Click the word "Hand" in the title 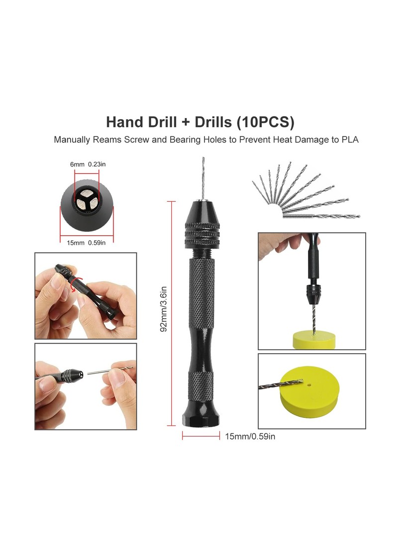tap(124, 122)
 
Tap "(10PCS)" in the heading tap(265, 123)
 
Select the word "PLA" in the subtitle tap(350, 139)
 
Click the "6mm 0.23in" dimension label tap(88, 164)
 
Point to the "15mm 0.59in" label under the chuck tap(86, 243)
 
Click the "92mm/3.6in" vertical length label tap(164, 309)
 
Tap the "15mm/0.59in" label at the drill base tap(250, 436)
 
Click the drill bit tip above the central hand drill tap(203, 158)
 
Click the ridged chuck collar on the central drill tap(202, 235)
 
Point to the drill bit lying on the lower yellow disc tap(281, 384)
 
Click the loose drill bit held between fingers tap(110, 370)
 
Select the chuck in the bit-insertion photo tap(72, 376)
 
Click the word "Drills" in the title tap(213, 122)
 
